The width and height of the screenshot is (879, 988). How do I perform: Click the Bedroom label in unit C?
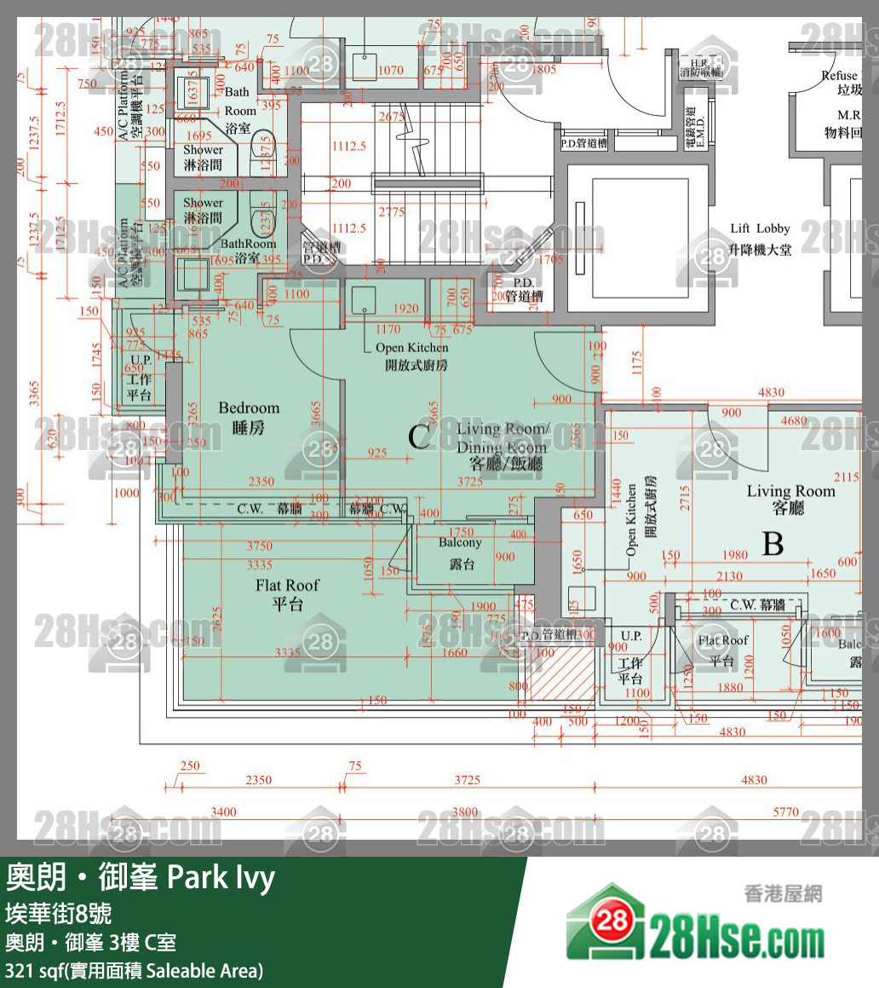click(x=249, y=417)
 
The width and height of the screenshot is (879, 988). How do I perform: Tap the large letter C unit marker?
click(x=418, y=436)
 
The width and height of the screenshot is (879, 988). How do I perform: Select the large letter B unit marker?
click(x=773, y=543)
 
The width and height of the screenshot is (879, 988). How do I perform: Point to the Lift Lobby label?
click(x=761, y=239)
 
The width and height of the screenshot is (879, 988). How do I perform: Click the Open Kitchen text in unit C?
click(x=412, y=356)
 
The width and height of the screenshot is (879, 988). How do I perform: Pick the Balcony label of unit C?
click(x=461, y=552)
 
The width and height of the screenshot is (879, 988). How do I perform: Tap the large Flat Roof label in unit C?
click(x=288, y=594)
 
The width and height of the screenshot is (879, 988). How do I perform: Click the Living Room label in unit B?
click(x=790, y=499)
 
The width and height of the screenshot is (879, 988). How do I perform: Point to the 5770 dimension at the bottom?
click(x=785, y=812)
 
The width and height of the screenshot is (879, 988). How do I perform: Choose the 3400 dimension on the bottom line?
click(x=223, y=812)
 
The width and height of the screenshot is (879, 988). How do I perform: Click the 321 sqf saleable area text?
click(x=135, y=970)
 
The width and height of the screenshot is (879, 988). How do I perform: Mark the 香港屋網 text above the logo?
click(x=782, y=893)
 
